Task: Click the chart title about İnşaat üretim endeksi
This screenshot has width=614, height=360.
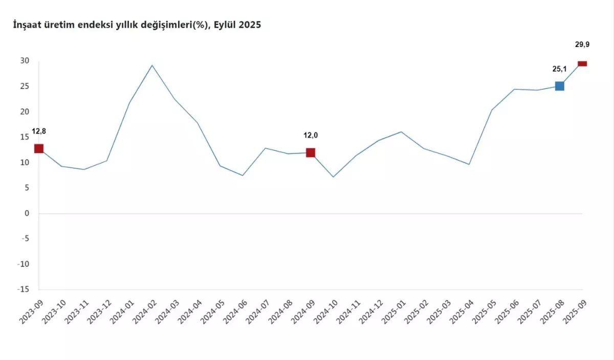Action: (x=137, y=25)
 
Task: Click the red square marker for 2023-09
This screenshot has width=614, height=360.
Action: (x=39, y=149)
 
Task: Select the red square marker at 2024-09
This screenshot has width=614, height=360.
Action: (x=311, y=152)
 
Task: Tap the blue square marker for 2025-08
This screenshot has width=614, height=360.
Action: (x=560, y=86)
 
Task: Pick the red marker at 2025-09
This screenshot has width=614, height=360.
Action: (x=582, y=63)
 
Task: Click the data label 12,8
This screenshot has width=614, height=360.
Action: (x=39, y=131)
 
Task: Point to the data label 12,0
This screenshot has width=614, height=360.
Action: (x=311, y=136)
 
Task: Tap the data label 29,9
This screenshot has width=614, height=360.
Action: (x=582, y=45)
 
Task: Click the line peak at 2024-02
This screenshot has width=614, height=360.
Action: (x=152, y=65)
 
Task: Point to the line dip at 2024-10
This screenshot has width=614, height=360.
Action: (x=334, y=177)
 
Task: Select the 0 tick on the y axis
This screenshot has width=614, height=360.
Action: (x=27, y=213)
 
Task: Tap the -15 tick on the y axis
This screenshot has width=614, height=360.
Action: (x=23, y=289)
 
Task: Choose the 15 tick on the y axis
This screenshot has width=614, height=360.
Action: (x=25, y=137)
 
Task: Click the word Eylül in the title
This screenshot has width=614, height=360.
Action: (x=227, y=25)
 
